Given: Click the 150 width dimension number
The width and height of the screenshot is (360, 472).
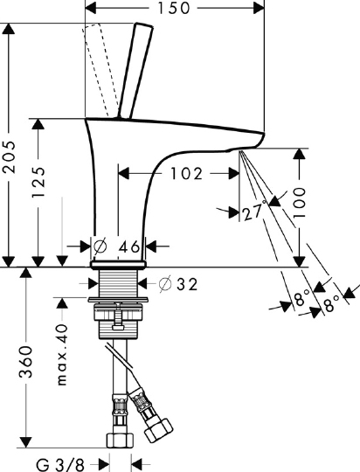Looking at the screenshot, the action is pos(174,8).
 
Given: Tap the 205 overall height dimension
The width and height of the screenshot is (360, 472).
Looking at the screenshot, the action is pos(8,156).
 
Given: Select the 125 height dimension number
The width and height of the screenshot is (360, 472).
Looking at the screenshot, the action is pos(38,182).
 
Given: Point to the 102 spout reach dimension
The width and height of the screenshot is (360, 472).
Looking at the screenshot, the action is pos(187,174).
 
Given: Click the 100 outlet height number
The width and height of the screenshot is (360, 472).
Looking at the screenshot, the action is pos(299,203).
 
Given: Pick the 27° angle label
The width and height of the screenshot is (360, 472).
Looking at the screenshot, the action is pos(254,211).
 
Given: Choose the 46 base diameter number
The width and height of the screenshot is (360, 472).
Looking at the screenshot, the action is pos(129,246).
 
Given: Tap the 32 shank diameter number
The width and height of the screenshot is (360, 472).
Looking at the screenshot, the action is pos(187,284).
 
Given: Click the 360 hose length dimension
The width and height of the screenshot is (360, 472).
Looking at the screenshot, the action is pos(25,362).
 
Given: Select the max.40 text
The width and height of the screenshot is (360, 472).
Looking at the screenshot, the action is pos(62,355).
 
